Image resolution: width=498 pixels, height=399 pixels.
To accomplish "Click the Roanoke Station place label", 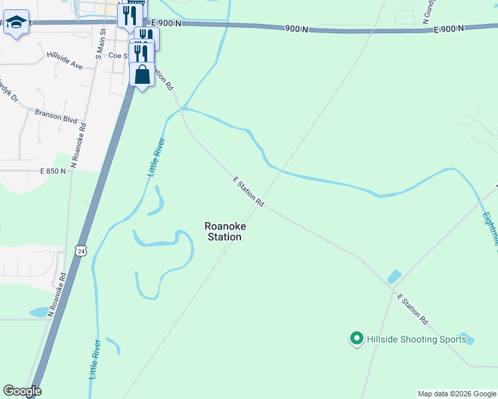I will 225,231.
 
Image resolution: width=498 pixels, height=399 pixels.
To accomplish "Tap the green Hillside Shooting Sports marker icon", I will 356,339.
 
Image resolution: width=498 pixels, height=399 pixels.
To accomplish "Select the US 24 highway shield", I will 81,249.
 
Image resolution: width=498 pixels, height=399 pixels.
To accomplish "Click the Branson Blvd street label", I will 57,117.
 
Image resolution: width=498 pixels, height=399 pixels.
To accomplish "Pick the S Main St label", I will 101,44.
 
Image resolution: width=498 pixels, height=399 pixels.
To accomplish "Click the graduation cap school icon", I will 16,23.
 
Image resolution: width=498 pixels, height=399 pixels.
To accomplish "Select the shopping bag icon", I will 142,74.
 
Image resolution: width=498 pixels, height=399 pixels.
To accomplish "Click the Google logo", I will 22,391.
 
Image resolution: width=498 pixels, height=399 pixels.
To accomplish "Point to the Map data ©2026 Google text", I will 457,394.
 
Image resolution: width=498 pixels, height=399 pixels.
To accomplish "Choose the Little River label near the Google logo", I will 94,359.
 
